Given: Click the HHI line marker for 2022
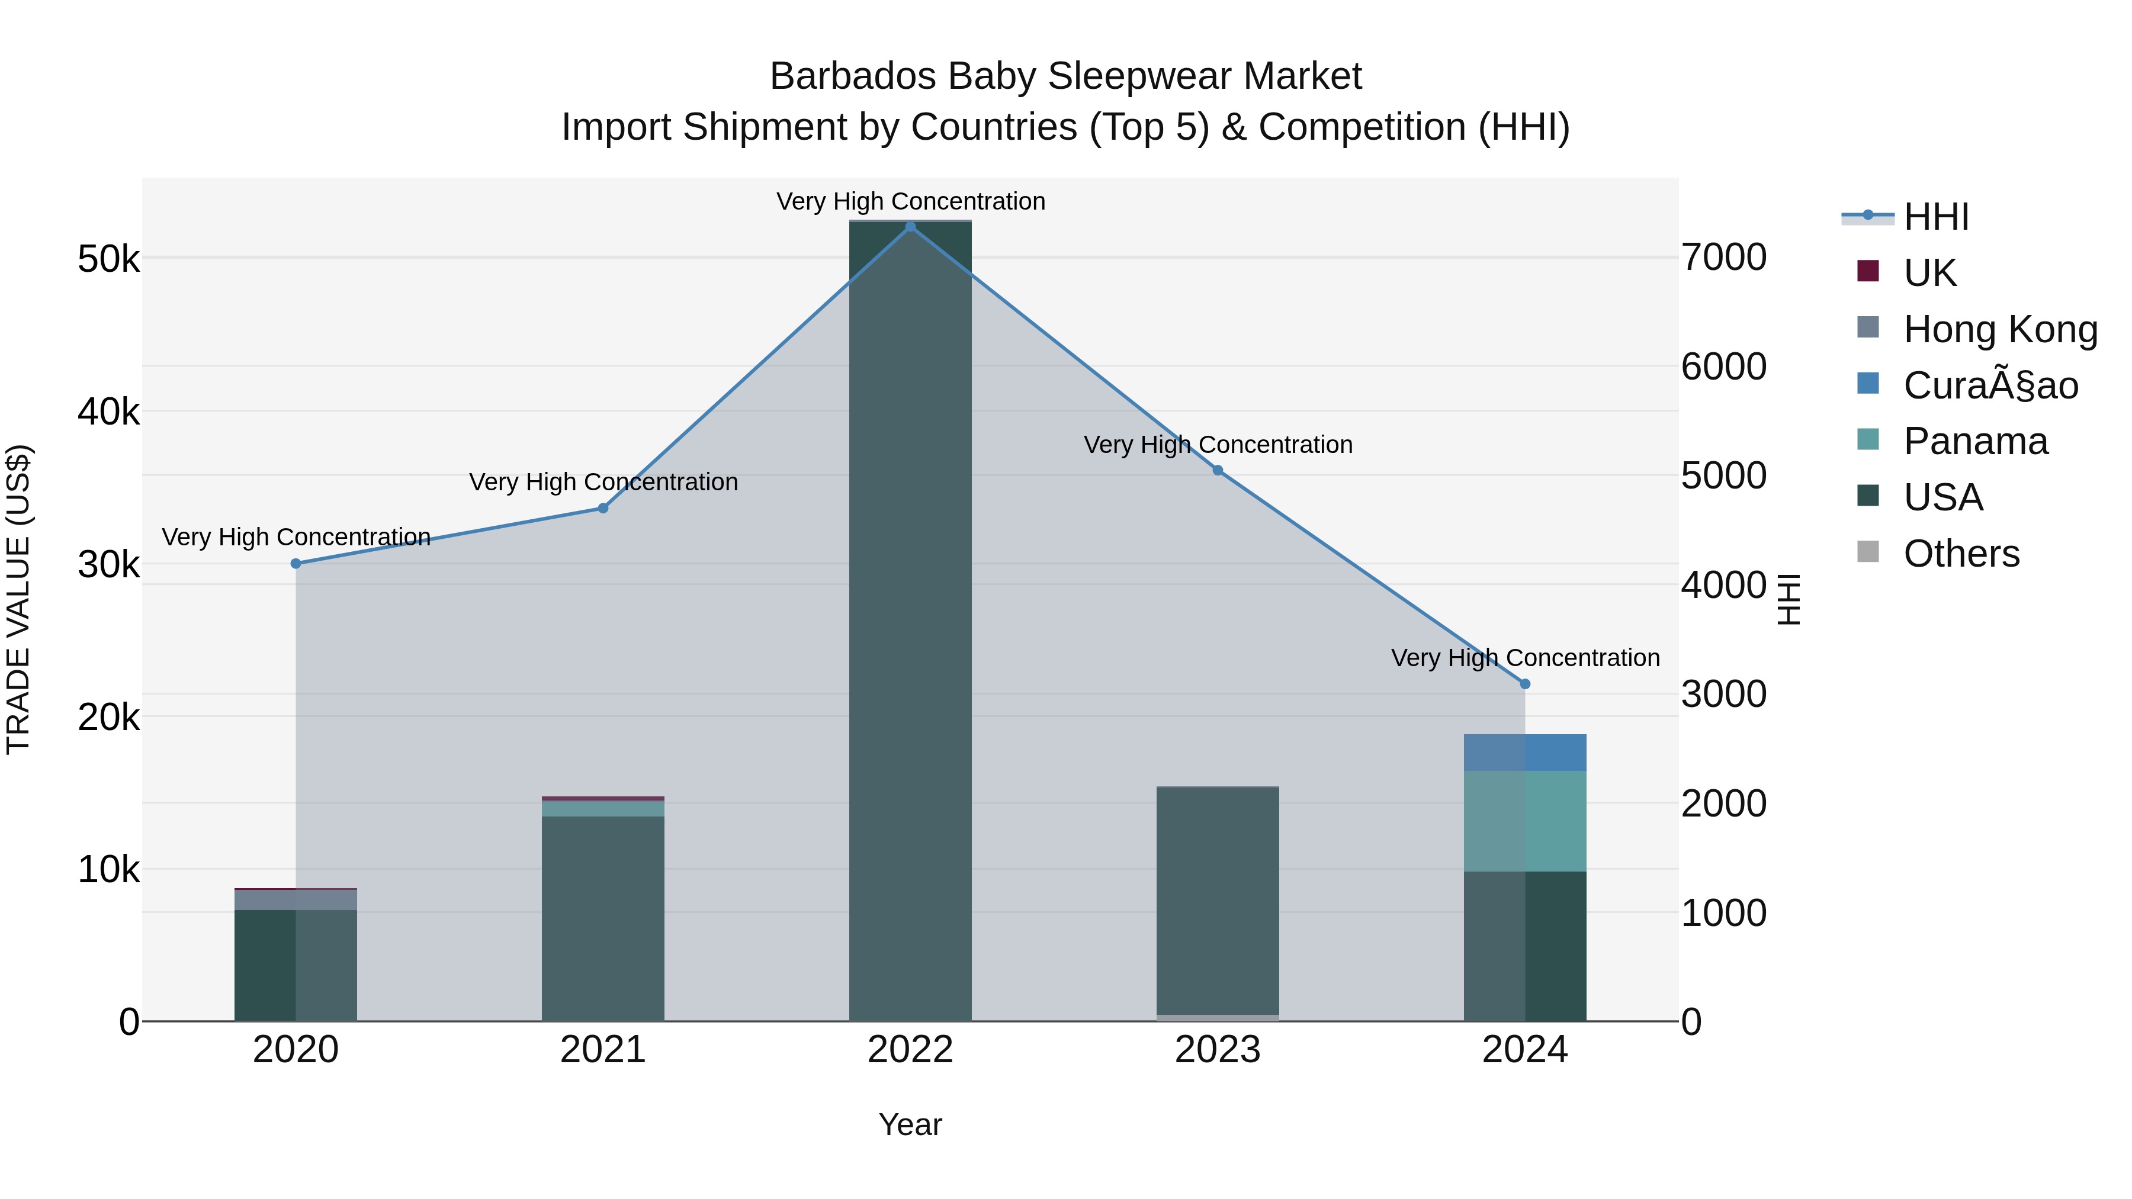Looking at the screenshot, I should coord(910,227).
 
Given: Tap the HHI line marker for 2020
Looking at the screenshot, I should coord(296,564).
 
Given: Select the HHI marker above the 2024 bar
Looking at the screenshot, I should coord(1526,683).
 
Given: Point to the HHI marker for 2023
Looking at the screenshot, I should coord(1218,470).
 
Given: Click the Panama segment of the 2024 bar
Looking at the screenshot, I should coord(1526,820).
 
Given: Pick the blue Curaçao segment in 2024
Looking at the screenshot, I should coord(1526,752).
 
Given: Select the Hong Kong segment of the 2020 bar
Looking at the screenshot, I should coord(296,899).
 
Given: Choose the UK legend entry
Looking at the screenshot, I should coord(1929,272).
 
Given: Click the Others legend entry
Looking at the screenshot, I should coord(1961,553).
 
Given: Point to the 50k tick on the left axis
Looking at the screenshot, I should coord(108,259).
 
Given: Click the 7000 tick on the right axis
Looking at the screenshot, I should coord(1724,258).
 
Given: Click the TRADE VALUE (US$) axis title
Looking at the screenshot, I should coord(18,599).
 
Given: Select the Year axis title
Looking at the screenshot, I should coord(910,1124).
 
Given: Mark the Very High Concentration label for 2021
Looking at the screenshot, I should coord(603,481).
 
